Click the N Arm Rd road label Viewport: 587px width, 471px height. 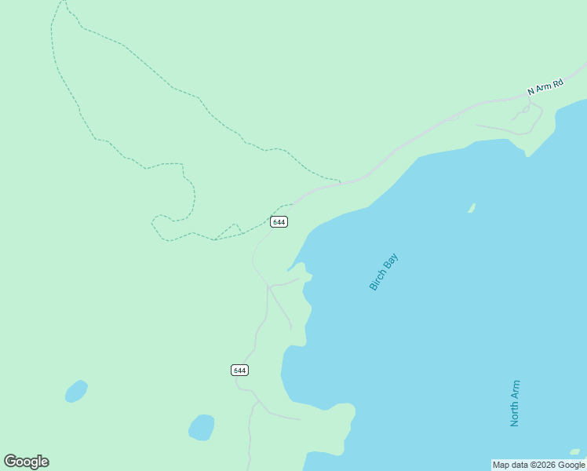coord(545,87)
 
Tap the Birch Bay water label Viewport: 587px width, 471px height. coord(384,272)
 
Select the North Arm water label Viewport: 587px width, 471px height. coord(515,403)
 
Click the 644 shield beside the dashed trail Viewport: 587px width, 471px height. coord(279,222)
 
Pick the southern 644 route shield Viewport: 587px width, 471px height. coord(239,370)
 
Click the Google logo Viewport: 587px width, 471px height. coord(26,462)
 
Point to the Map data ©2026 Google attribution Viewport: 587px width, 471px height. coord(539,465)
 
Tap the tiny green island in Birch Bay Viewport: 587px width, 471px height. coord(472,208)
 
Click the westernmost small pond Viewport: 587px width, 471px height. coord(75,391)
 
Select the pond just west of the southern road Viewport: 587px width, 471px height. coord(202,428)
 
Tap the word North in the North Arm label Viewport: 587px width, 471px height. coord(515,414)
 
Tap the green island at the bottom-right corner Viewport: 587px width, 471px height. coord(575,452)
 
